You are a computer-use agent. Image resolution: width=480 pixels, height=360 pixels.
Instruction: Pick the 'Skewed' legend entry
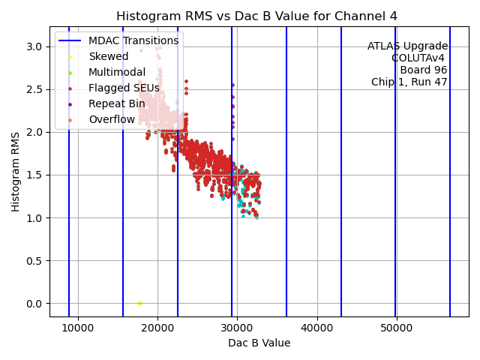coord(108,56)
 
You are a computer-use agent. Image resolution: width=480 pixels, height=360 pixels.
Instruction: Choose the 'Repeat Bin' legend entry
coord(116,103)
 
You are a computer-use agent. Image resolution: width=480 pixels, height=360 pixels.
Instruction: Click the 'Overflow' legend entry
coord(111,119)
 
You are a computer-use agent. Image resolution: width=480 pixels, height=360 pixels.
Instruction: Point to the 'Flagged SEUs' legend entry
coord(124,88)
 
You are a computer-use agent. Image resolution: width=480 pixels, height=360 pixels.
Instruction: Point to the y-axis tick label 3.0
coord(34,46)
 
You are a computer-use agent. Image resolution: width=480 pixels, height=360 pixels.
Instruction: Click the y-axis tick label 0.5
coord(34,261)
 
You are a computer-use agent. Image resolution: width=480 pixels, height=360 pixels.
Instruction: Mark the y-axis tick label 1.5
coord(34,175)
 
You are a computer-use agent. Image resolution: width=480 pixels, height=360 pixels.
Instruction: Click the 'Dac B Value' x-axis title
coord(259,343)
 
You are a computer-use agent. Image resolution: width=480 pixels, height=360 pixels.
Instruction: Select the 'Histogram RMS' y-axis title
coord(16,172)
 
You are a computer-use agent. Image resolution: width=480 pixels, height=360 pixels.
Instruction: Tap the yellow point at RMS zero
coord(139,303)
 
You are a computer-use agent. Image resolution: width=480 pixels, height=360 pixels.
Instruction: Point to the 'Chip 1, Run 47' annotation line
coord(409,82)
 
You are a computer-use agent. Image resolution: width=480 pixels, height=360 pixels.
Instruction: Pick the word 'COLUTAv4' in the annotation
coord(419,58)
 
